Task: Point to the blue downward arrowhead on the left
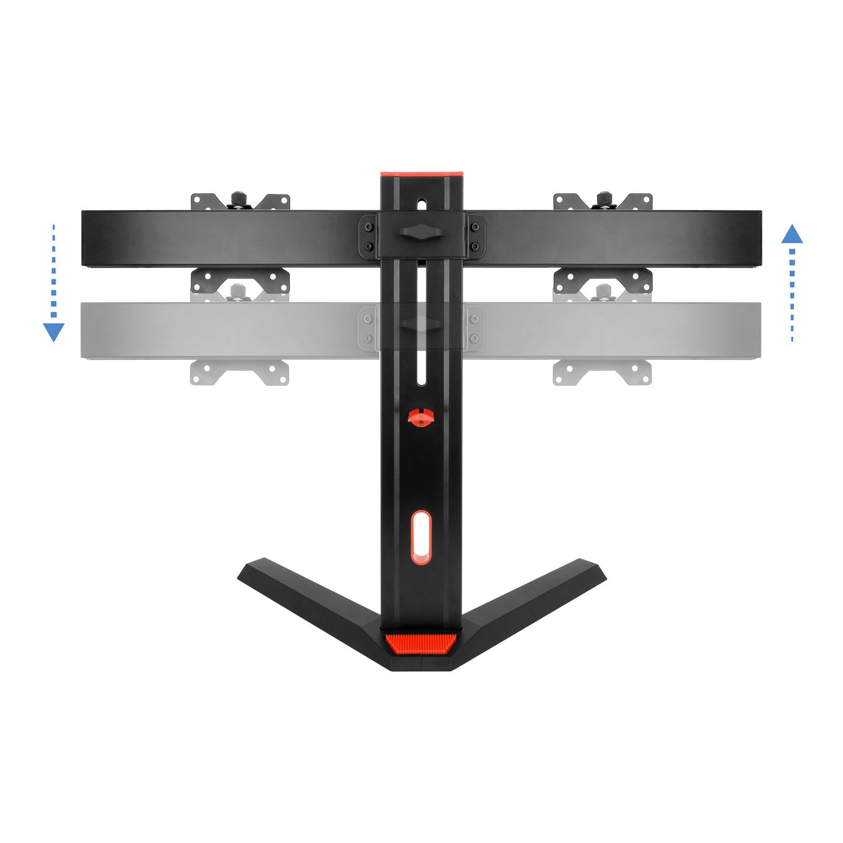pyautogui.click(x=53, y=332)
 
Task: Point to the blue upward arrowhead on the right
pyautogui.click(x=792, y=234)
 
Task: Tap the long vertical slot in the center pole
pyautogui.click(x=421, y=327)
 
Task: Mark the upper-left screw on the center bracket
pyautogui.click(x=368, y=227)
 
